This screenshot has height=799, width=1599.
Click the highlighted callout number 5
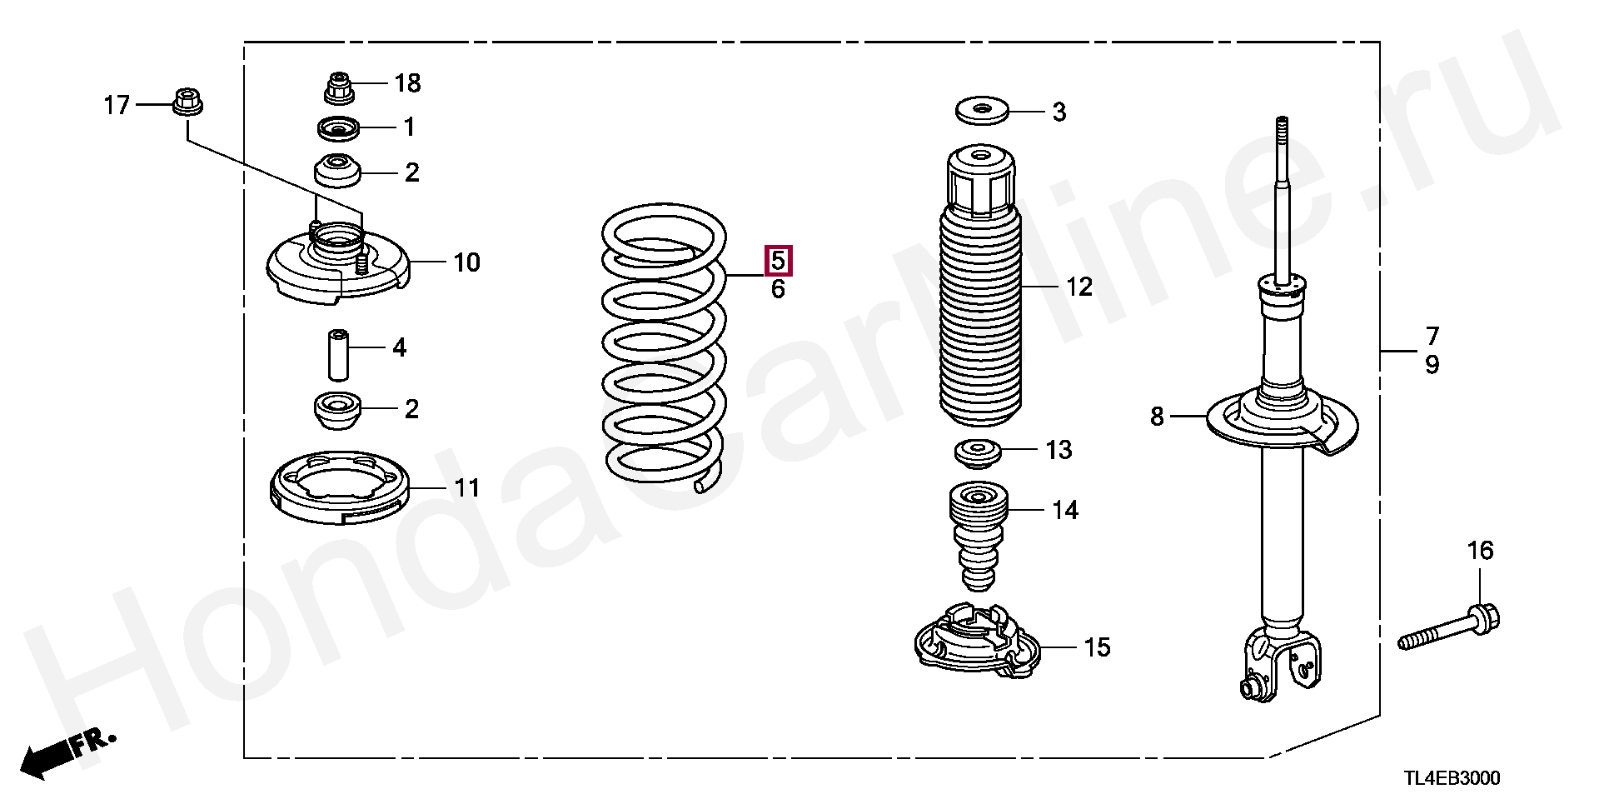(778, 261)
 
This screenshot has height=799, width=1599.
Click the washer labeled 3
(980, 111)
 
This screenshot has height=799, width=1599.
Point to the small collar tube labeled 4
(337, 352)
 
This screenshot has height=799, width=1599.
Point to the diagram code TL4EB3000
(1452, 778)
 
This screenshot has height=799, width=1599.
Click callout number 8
(1157, 416)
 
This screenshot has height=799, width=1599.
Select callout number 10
(467, 262)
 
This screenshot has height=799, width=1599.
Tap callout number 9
(1432, 364)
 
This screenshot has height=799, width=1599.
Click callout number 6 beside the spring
(778, 289)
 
